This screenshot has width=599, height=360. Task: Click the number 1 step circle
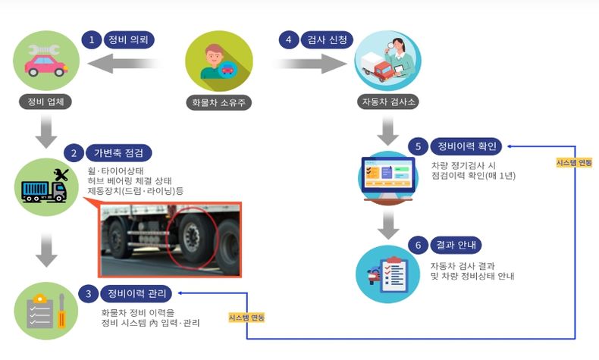92,39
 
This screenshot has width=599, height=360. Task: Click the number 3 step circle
89,292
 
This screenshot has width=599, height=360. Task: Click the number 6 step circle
417,246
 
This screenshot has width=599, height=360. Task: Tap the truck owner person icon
219,61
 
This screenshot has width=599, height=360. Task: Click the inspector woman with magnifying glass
387,61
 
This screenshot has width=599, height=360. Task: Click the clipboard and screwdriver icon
46,310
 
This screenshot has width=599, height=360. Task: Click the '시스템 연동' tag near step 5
574,163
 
